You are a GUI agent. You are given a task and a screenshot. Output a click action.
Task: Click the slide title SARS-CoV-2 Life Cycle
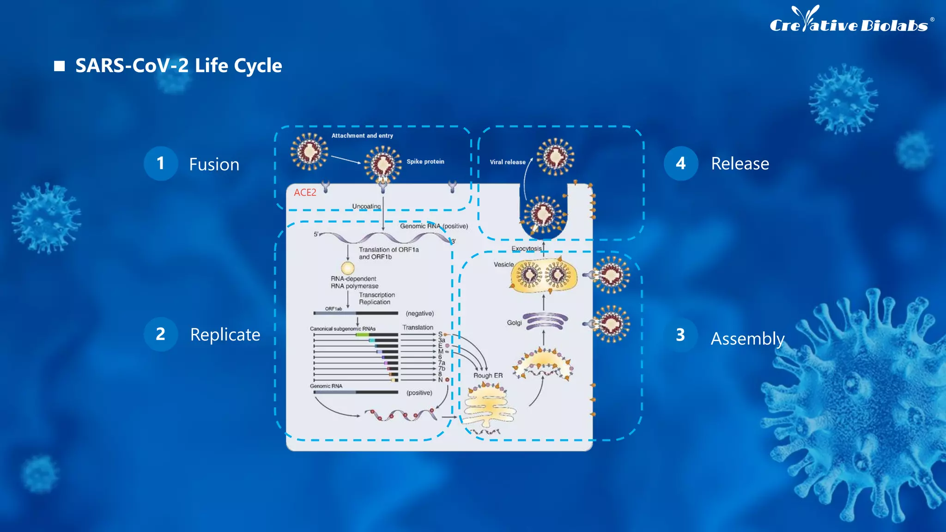[x=178, y=66]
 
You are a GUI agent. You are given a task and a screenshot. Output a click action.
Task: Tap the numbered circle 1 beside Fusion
[x=160, y=163]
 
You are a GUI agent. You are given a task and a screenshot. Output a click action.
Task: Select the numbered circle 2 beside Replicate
[x=160, y=334]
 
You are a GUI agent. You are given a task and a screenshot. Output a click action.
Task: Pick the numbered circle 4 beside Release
[x=680, y=163]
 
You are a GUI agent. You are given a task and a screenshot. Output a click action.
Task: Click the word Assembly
[x=747, y=339]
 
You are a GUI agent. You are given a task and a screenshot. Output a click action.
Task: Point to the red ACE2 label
[x=305, y=193]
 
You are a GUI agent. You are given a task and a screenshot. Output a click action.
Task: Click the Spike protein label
[x=425, y=162]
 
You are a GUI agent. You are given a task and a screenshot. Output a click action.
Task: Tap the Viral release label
[x=507, y=162]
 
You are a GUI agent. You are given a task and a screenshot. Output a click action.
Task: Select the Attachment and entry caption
[x=362, y=136]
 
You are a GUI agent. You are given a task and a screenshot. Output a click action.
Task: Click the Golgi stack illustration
[x=545, y=321]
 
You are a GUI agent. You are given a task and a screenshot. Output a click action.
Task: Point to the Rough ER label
[x=488, y=375]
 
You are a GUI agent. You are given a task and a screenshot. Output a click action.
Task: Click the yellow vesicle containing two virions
[x=544, y=276]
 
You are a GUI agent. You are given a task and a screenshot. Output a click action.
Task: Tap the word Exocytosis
[x=526, y=248]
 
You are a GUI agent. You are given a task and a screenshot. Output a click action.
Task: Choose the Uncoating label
[x=366, y=206]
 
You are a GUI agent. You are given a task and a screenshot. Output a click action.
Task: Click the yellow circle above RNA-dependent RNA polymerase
[x=348, y=268]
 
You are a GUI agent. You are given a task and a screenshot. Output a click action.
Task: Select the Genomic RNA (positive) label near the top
[x=434, y=226]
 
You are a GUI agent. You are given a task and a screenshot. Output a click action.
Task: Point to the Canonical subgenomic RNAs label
[x=342, y=329]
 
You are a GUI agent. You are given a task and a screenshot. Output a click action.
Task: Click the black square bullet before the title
[x=59, y=66]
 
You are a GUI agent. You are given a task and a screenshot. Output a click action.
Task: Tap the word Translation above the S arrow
[x=418, y=327]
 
